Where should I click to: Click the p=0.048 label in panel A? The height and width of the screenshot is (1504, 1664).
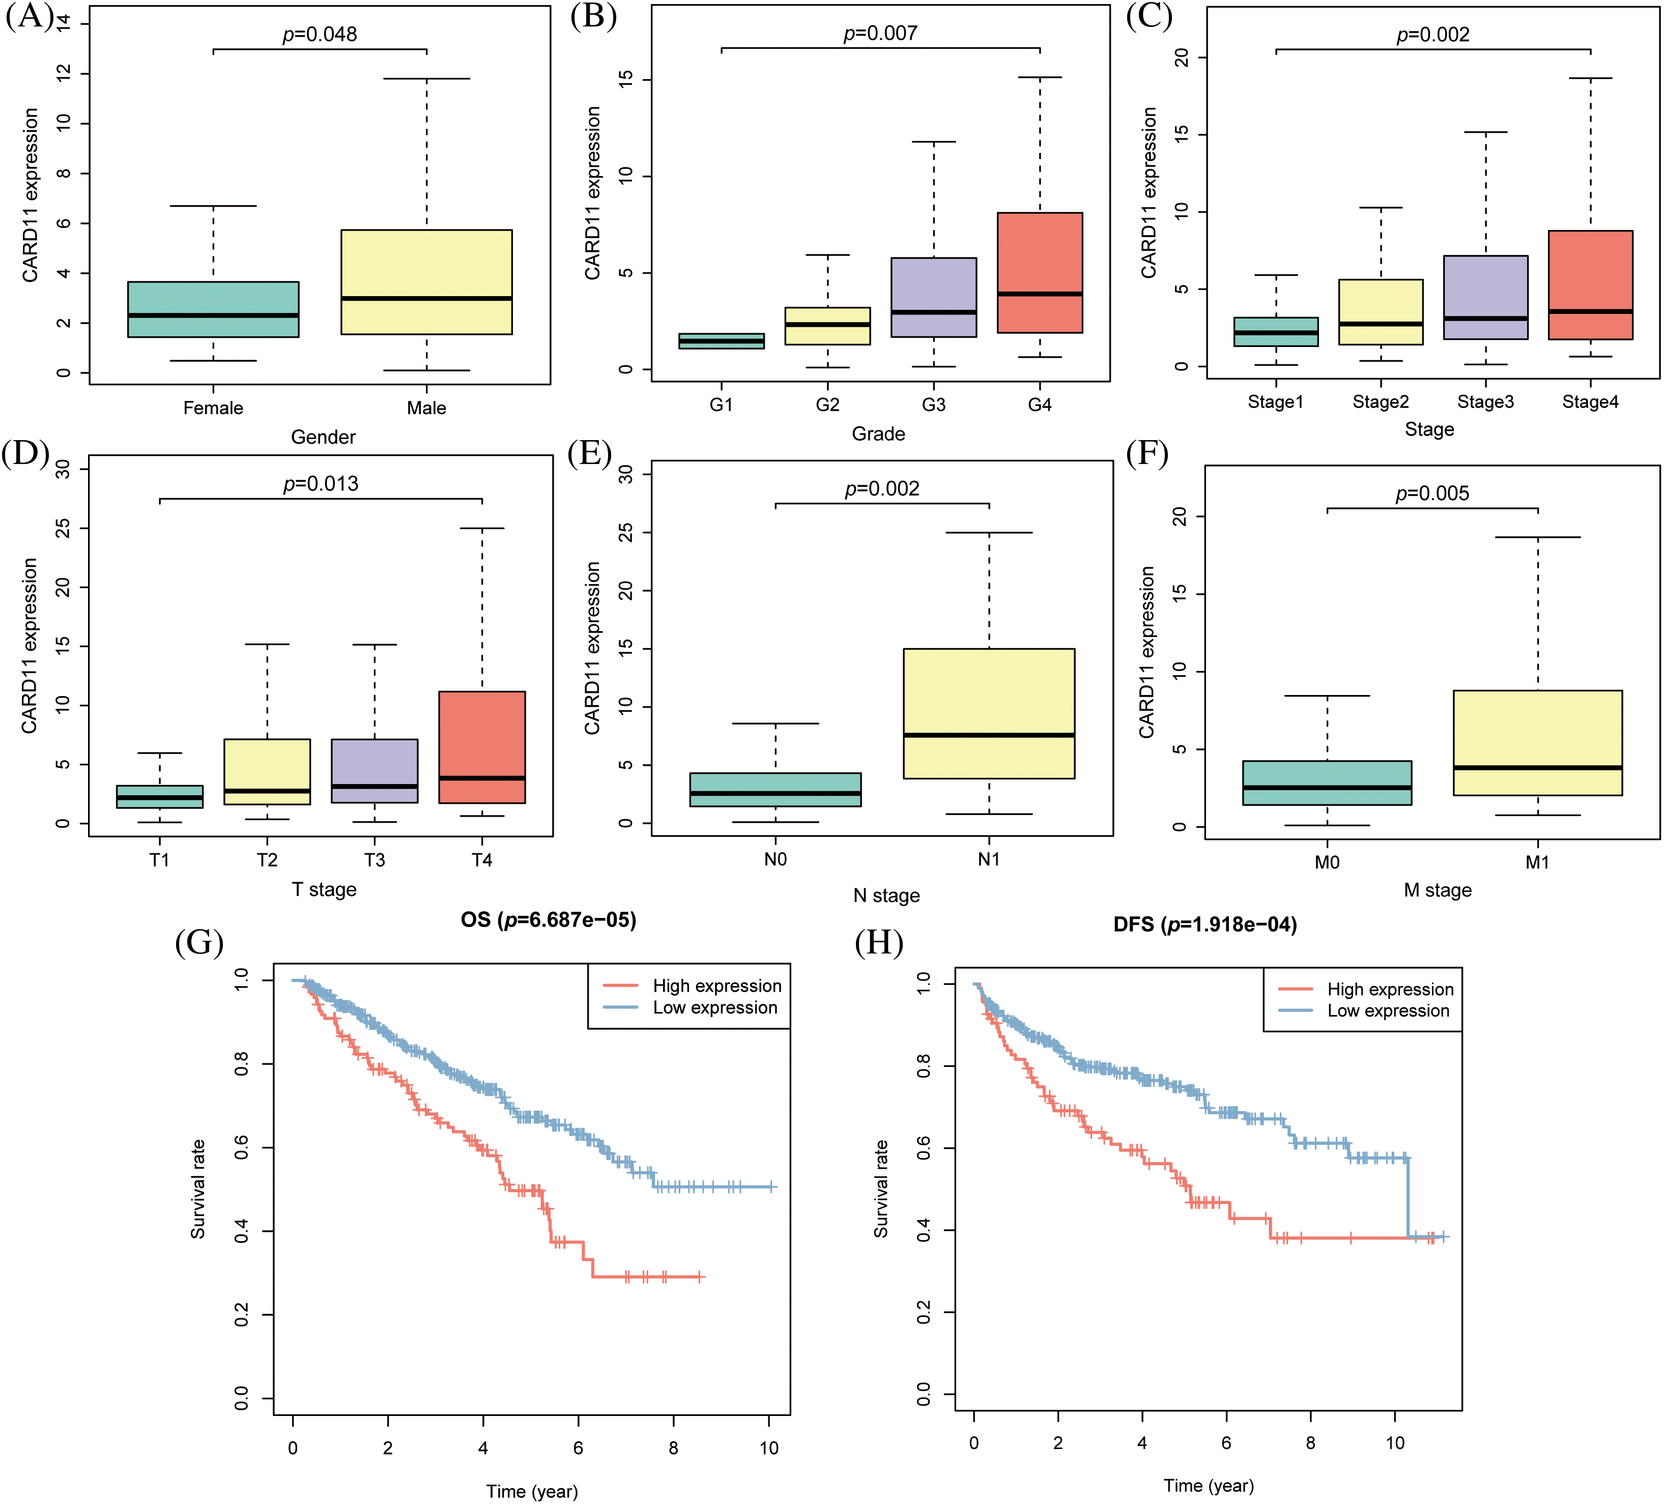320,35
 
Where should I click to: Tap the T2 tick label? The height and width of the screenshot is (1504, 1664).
267,860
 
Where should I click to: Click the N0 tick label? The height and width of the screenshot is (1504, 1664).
775,859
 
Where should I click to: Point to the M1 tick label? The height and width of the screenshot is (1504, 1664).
1537,862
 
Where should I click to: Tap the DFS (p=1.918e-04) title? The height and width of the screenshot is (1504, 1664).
1204,924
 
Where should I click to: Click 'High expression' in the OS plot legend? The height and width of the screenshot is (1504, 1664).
716,986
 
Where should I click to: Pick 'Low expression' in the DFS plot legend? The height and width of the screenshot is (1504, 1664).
1388,1010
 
